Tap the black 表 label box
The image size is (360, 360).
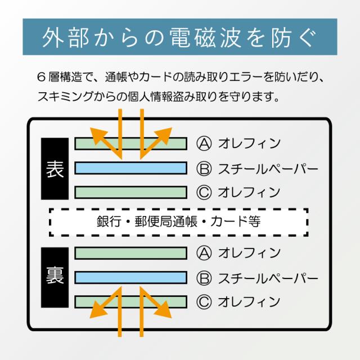(x=55, y=168)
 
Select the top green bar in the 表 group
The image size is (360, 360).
(x=130, y=143)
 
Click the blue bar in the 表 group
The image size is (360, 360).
(x=130, y=168)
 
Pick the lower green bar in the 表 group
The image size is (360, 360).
(x=130, y=192)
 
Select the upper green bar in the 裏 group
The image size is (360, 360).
(x=130, y=253)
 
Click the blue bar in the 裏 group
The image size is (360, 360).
(x=130, y=277)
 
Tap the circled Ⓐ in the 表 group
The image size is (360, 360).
(x=204, y=143)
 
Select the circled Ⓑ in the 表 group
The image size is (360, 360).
(x=204, y=168)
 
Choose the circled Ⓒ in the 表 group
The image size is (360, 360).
(x=204, y=192)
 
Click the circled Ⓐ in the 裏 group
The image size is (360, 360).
(x=204, y=253)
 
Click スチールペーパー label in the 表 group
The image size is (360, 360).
(x=268, y=168)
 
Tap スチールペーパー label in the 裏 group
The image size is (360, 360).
(x=268, y=277)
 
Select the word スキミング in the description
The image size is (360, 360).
(x=60, y=96)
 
